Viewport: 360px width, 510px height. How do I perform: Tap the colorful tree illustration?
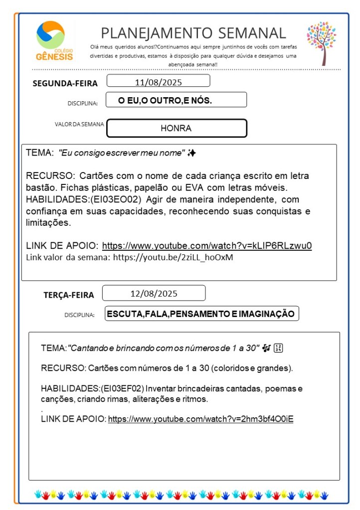322,43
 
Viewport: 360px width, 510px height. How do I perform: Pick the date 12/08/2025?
154,293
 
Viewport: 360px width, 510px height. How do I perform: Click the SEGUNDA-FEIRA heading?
65,83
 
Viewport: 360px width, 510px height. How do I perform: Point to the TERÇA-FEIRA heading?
69,295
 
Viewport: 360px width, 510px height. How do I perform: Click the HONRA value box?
177,128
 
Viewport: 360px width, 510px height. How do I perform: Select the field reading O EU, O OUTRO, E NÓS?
165,100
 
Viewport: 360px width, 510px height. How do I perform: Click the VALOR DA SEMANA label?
80,124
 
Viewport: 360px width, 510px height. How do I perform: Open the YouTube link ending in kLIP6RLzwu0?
207,246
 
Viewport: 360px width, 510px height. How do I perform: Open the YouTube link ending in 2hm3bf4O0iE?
200,419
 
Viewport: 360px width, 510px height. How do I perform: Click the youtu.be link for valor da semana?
173,258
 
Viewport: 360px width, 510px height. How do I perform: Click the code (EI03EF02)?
122,388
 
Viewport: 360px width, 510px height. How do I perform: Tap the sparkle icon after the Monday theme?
191,154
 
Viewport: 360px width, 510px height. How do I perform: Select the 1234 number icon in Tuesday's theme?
279,348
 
